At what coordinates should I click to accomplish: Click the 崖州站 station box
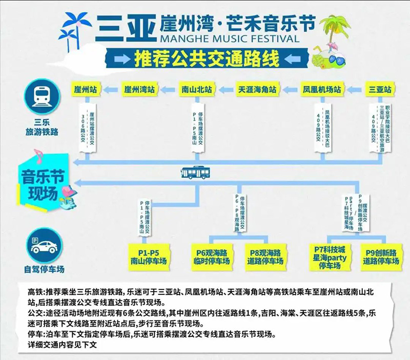pos(86,89)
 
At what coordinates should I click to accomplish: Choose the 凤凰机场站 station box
pos(321,89)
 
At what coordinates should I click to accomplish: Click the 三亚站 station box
pos(380,89)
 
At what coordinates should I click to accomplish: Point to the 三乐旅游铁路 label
pos(42,127)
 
